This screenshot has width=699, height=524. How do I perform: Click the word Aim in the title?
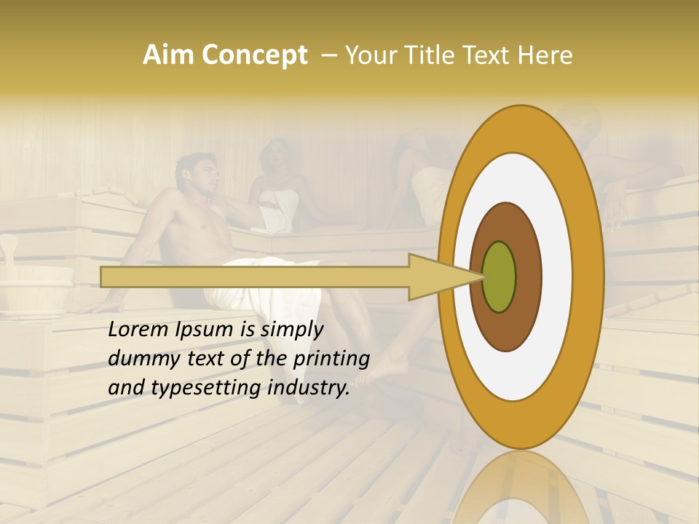coord(169,55)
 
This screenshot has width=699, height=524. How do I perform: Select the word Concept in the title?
coord(254,55)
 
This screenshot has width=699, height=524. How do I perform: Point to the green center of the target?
coord(499,277)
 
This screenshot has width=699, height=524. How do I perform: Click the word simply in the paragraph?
coord(292,330)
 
